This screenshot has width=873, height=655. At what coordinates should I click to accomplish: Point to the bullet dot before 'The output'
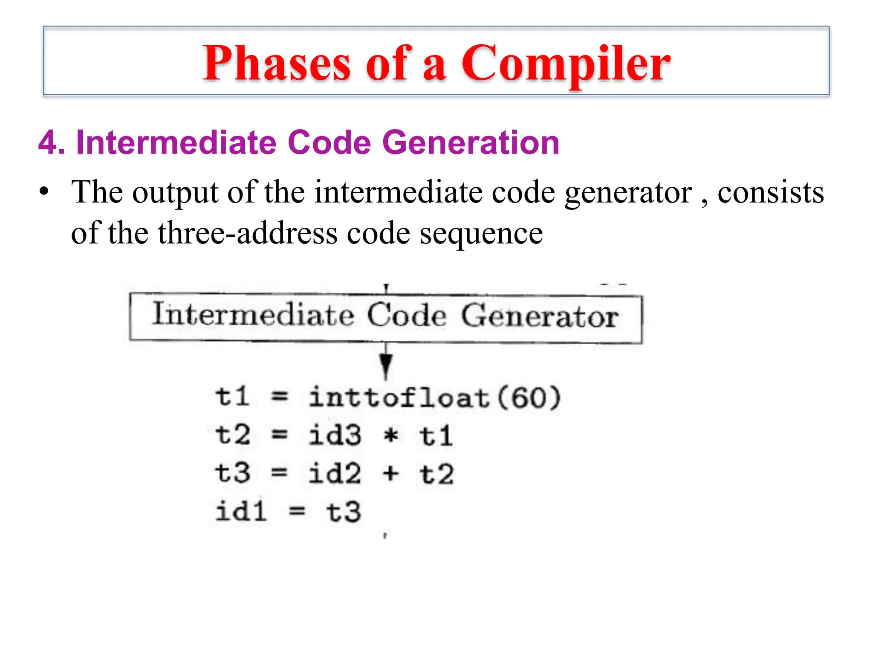click(43, 191)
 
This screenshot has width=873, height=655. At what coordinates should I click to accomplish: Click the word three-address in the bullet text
click(247, 233)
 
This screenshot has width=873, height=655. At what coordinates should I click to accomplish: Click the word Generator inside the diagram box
click(539, 316)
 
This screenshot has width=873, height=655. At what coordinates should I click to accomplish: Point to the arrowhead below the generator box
click(386, 365)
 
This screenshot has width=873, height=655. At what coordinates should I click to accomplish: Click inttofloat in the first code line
click(399, 397)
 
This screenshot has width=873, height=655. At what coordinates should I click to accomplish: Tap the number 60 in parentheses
click(529, 397)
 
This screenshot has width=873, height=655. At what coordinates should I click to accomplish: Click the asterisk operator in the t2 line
click(391, 435)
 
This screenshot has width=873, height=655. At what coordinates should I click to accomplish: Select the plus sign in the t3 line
click(390, 473)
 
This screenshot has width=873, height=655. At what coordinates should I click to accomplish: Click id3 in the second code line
click(335, 435)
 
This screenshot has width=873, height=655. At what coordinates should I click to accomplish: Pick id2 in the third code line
click(335, 473)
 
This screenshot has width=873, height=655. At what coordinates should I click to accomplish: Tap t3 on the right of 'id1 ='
click(344, 512)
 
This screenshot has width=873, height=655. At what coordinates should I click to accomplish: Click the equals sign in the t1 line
click(280, 397)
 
